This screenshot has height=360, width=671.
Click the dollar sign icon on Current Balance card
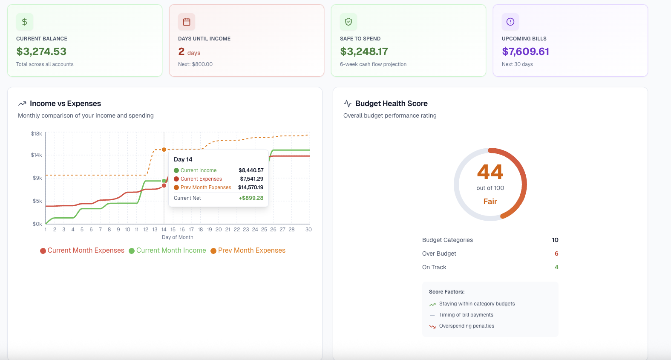click(25, 22)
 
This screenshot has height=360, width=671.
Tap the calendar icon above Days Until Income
click(187, 22)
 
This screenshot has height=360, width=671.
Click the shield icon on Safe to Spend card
click(348, 22)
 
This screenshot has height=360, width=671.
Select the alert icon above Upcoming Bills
click(510, 22)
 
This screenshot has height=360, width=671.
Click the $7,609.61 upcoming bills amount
click(525, 52)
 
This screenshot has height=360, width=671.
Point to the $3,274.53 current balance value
click(41, 52)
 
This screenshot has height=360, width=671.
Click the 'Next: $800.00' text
click(195, 64)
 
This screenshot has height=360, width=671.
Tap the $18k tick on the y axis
click(37, 134)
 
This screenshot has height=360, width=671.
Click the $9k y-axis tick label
click(37, 178)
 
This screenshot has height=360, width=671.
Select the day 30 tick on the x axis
click(308, 230)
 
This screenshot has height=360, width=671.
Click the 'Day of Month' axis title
click(178, 237)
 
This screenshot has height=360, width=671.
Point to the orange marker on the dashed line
click(164, 150)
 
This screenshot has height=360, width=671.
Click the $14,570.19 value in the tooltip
click(251, 187)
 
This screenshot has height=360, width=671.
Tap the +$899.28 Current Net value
click(251, 198)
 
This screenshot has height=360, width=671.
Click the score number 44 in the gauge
click(490, 172)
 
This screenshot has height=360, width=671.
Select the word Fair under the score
click(490, 202)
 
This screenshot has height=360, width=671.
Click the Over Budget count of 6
click(556, 253)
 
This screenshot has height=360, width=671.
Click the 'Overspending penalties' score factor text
click(467, 326)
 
